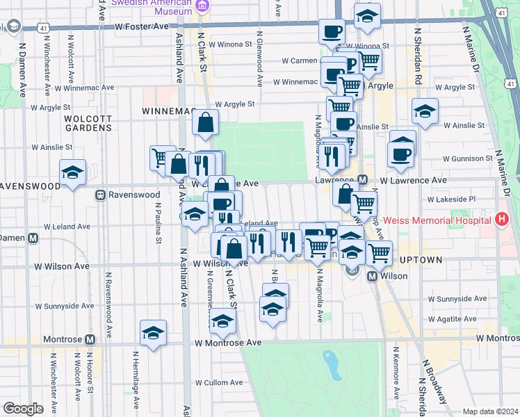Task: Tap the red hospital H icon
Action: point(502,220)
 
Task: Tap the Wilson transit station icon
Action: point(372,276)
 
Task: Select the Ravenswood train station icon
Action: point(100,195)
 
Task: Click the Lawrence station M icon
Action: point(362,180)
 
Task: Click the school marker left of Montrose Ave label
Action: point(153,332)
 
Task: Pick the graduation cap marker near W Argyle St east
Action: point(425,111)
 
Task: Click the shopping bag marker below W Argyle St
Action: point(206,123)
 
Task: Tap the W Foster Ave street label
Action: point(142,26)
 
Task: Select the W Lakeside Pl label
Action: point(451,199)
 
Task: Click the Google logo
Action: point(23,409)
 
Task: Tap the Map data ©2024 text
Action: point(491,411)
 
